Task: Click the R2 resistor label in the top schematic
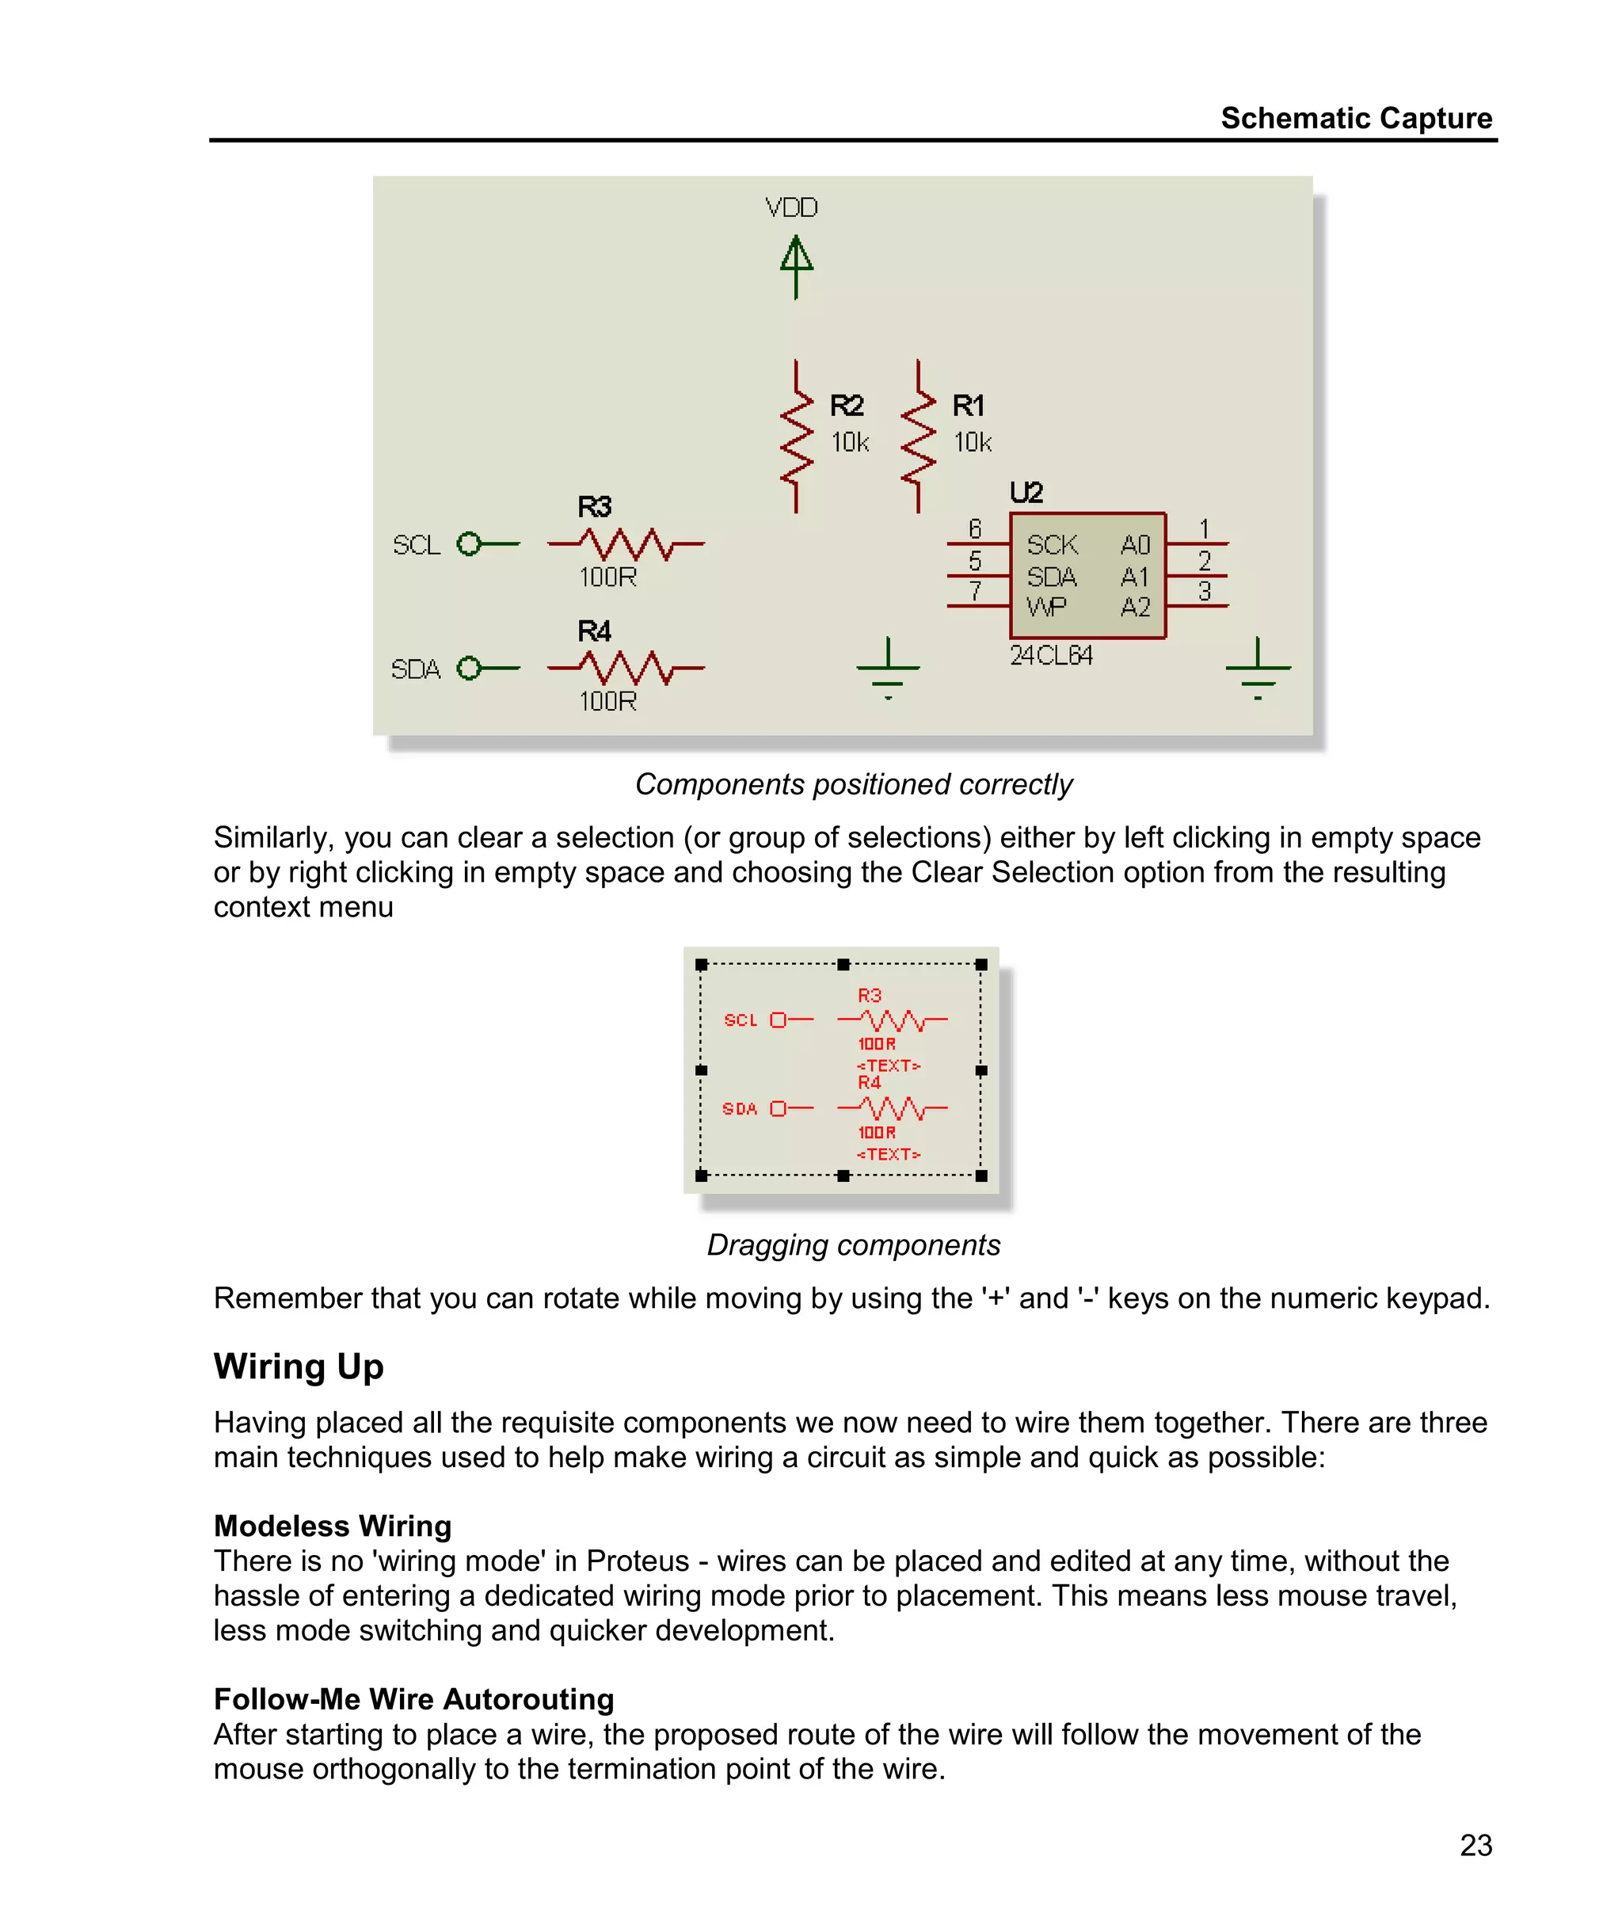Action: pyautogui.click(x=846, y=406)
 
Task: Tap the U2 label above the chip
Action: pyautogui.click(x=1026, y=493)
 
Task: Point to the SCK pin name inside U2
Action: pyautogui.click(x=1052, y=545)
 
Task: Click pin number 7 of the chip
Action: pyautogui.click(x=975, y=591)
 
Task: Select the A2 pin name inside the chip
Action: pyautogui.click(x=1136, y=608)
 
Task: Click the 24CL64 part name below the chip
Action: pyautogui.click(x=1051, y=656)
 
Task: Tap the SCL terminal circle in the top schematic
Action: pyautogui.click(x=469, y=544)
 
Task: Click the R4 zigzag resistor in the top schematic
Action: pyautogui.click(x=626, y=668)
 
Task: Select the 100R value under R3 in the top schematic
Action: pyautogui.click(x=607, y=577)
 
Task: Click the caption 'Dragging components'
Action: pyautogui.click(x=852, y=1245)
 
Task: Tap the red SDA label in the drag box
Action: pyautogui.click(x=739, y=1109)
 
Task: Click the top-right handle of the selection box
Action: pyautogui.click(x=981, y=965)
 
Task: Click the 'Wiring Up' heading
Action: pyautogui.click(x=299, y=1366)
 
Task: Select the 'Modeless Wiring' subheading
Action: pyautogui.click(x=332, y=1527)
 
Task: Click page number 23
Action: pyautogui.click(x=1475, y=1845)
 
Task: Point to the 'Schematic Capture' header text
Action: pyautogui.click(x=1355, y=118)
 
